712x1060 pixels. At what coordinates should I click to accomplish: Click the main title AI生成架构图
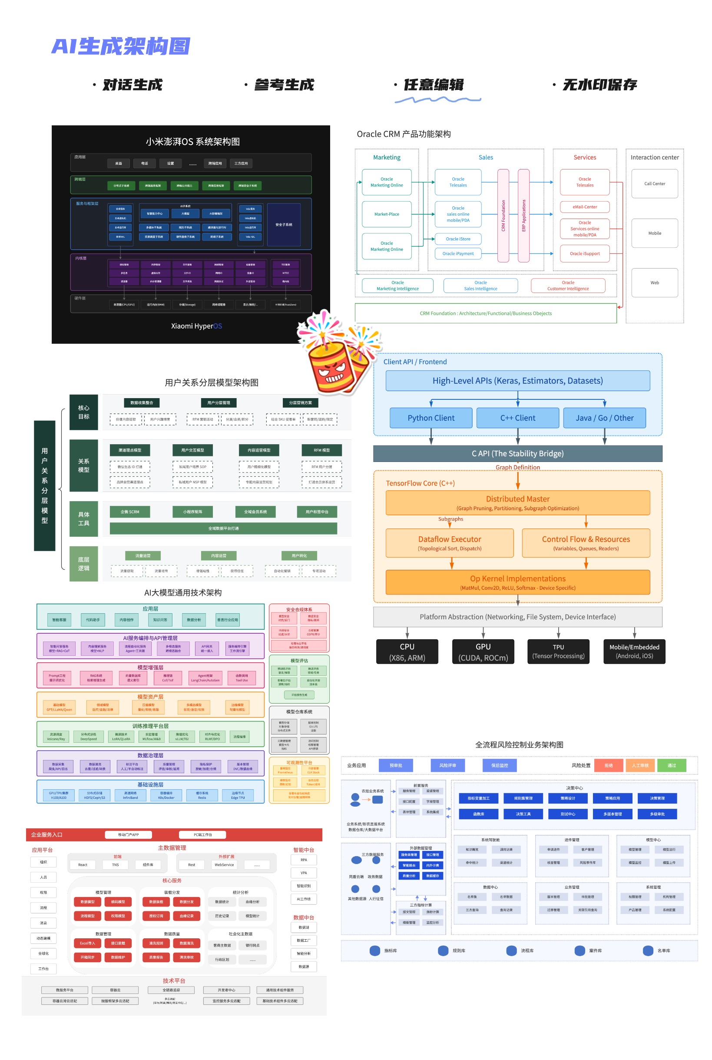[x=121, y=47]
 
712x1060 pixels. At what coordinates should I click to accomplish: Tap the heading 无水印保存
[x=599, y=85]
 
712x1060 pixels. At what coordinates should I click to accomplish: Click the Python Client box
[x=431, y=418]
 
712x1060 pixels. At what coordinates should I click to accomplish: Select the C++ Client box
[x=518, y=418]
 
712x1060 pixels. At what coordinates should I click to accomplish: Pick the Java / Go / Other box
[x=604, y=418]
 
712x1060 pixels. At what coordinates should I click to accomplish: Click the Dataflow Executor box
[x=450, y=543]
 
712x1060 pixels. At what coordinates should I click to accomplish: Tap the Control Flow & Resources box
[x=586, y=543]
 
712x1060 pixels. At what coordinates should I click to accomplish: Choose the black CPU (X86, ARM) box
[x=407, y=652]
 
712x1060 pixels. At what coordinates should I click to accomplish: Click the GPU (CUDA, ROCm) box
[x=483, y=652]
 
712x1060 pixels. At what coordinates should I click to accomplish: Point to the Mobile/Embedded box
[x=634, y=652]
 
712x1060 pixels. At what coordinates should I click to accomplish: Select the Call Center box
[x=654, y=183]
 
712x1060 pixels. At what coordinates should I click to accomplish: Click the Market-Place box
[x=387, y=214]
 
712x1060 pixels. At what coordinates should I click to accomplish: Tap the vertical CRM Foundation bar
[x=503, y=216]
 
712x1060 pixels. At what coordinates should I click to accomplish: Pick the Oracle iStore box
[x=458, y=239]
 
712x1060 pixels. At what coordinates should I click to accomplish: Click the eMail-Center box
[x=584, y=206]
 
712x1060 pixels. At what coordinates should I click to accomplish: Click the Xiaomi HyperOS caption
[x=196, y=326]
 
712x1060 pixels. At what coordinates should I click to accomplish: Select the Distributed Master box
[x=518, y=503]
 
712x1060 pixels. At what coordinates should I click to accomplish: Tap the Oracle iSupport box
[x=584, y=253]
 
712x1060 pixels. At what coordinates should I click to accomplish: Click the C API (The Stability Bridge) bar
[x=518, y=453]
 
